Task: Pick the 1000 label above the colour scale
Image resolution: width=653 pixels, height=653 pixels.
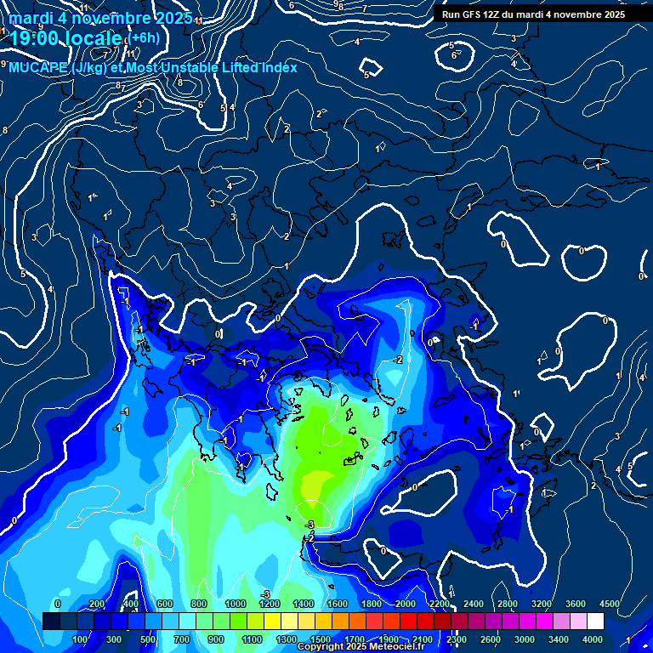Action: point(235,604)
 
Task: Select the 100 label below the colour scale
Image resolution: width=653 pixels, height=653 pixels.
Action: point(81,639)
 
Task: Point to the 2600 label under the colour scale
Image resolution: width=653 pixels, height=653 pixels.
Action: point(491,639)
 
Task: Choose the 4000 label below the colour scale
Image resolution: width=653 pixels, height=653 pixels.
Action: point(593,639)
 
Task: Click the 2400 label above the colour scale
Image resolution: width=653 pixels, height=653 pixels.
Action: point(473,604)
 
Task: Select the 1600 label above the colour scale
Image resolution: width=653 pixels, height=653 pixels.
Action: point(337,604)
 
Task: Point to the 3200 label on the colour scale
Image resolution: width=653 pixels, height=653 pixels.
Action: point(541,604)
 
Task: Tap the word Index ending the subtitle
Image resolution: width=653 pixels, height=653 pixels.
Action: point(279,67)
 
